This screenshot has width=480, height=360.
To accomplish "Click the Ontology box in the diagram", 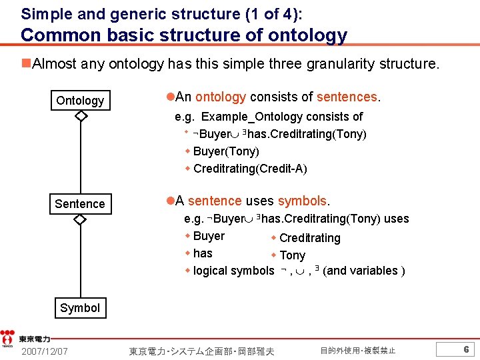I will [80, 101].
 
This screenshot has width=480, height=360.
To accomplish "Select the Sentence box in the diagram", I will [80, 204].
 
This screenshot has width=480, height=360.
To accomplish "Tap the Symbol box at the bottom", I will [80, 308].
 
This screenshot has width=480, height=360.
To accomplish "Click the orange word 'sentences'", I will [347, 97].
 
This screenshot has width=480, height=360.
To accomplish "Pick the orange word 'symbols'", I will [302, 201].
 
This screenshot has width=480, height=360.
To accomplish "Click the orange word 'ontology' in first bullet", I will [221, 97].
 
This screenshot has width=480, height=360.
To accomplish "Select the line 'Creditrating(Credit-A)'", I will [250, 169].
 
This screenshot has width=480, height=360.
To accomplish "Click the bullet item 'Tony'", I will [292, 255].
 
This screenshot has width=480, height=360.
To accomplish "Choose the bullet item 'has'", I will [203, 253].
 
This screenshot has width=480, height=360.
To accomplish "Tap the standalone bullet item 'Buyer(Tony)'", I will [226, 151].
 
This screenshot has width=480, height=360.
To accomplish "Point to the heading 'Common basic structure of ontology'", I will [185, 35].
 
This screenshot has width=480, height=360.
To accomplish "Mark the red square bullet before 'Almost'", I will [25, 63].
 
